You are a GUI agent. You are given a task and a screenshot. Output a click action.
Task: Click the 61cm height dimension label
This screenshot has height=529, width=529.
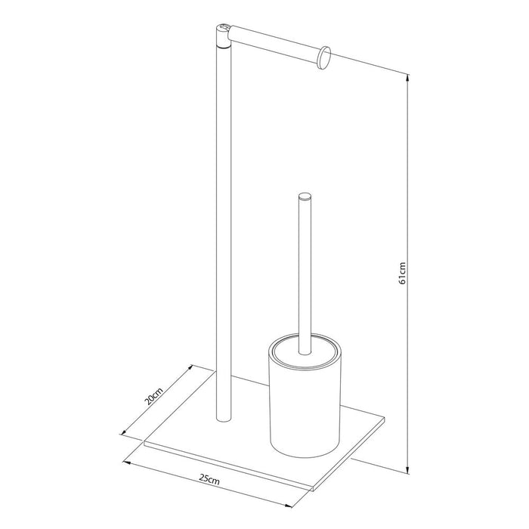pos(404,273)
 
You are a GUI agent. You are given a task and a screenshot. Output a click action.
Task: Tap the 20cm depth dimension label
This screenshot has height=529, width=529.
pos(153,398)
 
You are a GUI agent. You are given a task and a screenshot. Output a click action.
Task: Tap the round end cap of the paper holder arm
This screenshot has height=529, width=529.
pos(324,57)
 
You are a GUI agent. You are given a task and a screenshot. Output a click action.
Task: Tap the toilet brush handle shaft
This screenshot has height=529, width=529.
pos(304,272)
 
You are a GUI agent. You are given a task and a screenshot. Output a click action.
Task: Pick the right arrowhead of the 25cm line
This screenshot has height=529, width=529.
pos(289,504)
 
